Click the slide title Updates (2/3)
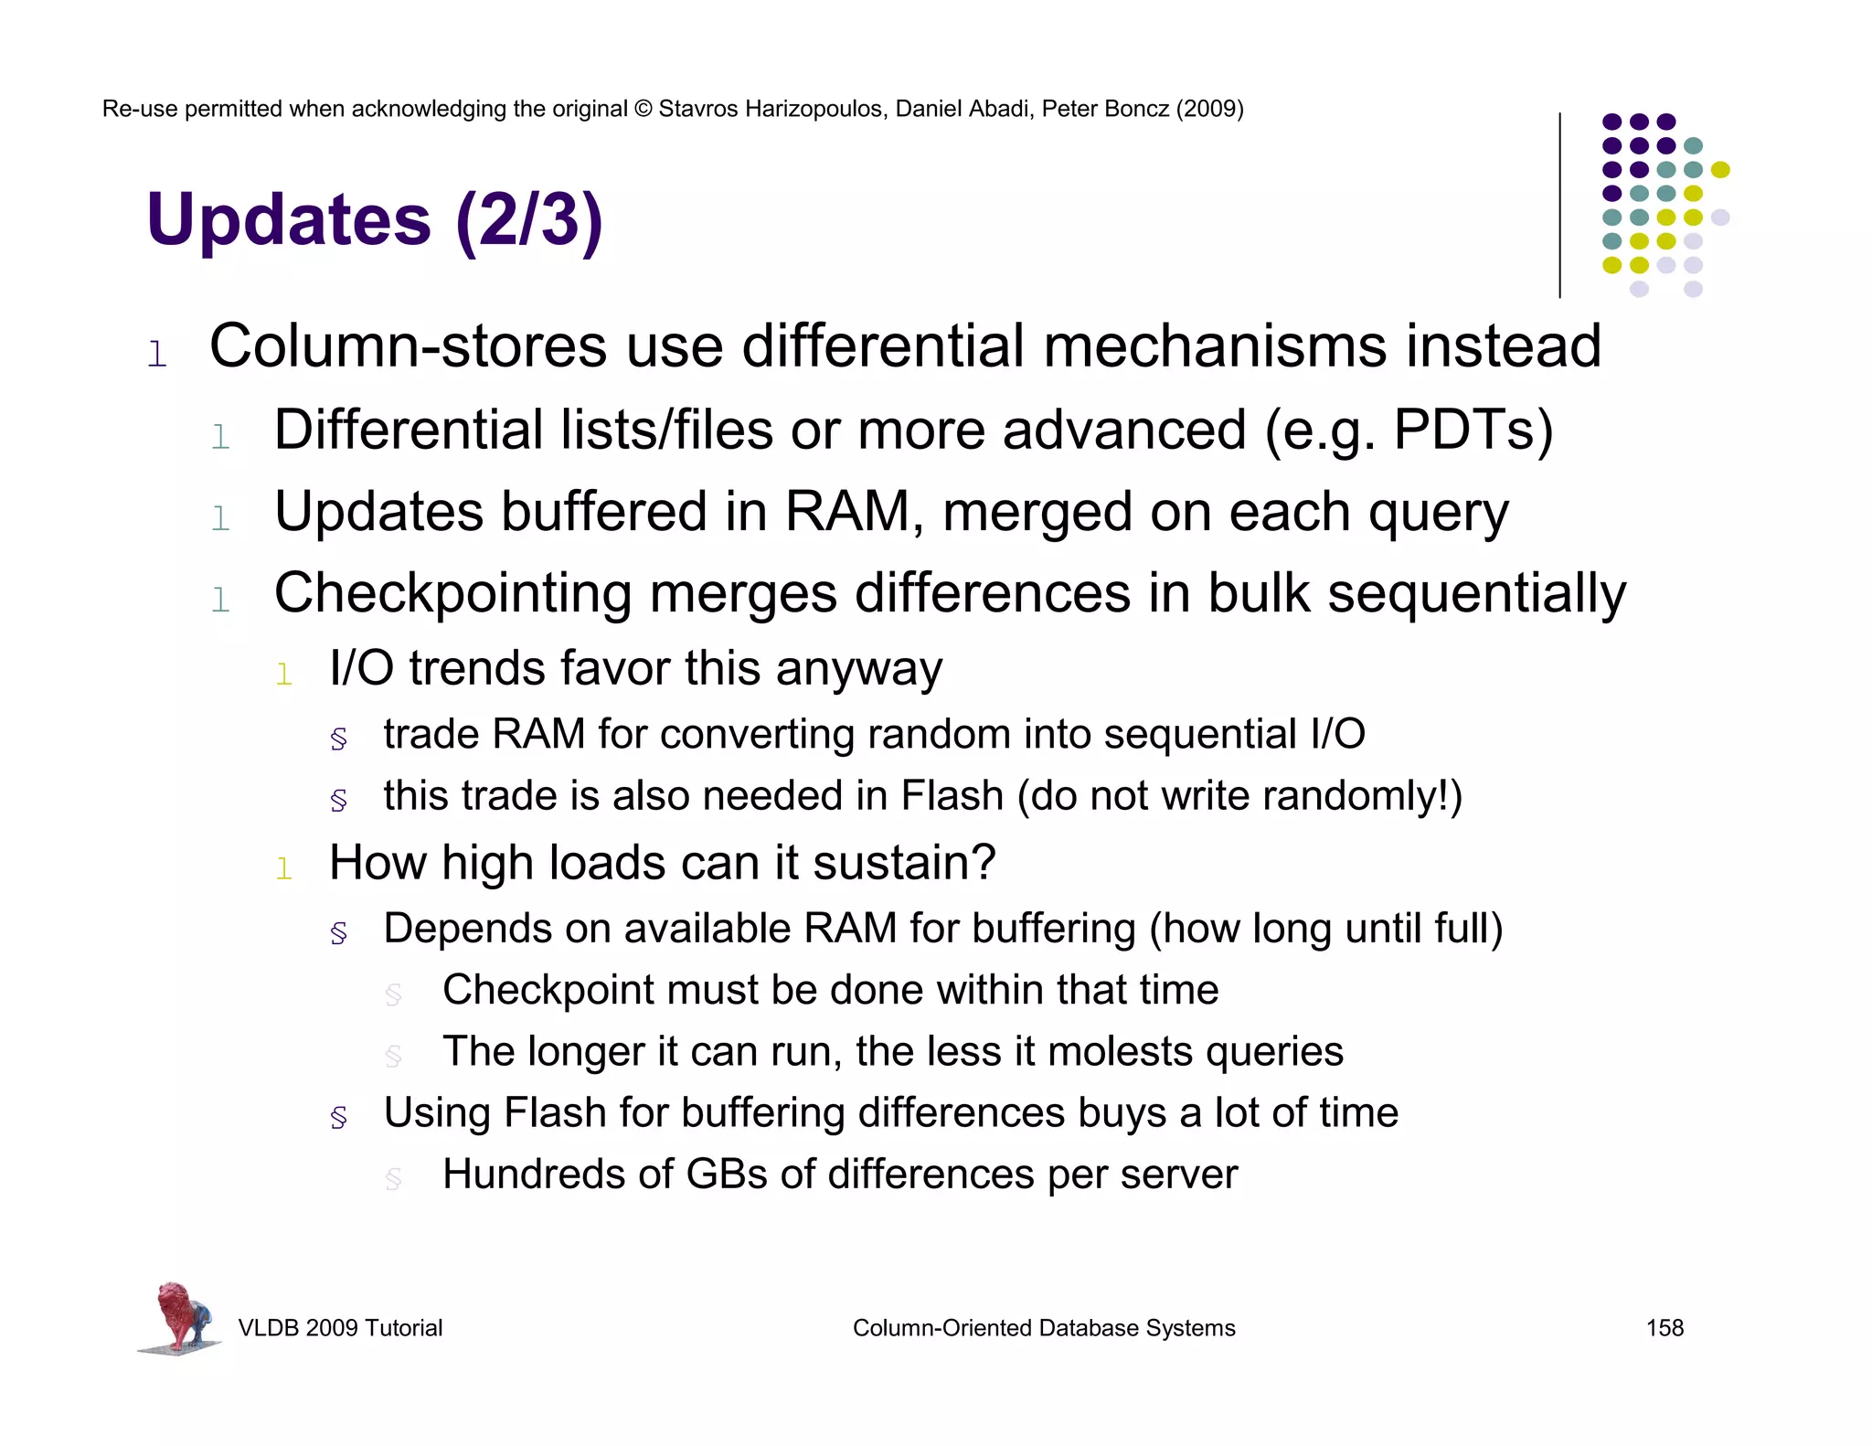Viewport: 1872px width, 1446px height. click(x=374, y=220)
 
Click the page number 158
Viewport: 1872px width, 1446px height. click(x=1664, y=1328)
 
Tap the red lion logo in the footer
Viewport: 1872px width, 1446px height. click(x=180, y=1317)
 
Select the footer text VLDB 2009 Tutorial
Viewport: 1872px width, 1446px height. click(x=340, y=1328)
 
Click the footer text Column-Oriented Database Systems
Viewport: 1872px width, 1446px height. click(x=1043, y=1328)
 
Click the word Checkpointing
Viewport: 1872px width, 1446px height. click(x=452, y=593)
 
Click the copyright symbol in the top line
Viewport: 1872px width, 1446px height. click(x=643, y=110)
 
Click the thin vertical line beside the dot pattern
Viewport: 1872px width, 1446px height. click(x=1559, y=206)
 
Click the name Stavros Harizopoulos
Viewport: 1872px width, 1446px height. click(x=772, y=109)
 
